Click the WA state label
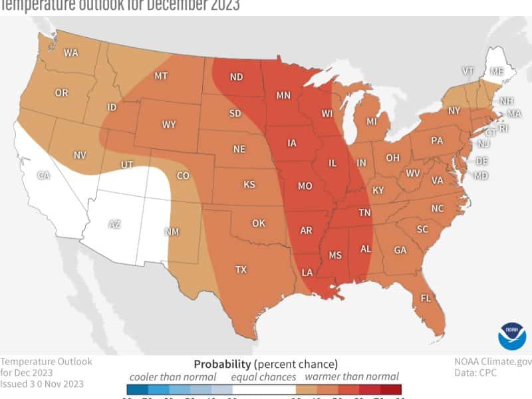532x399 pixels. point(71,53)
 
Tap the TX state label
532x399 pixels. point(241,269)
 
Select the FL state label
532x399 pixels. point(426,299)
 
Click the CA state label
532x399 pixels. point(43,176)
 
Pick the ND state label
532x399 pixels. point(236,76)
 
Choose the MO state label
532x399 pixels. point(305,186)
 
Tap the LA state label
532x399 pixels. point(308,273)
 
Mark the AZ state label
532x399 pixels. point(114,224)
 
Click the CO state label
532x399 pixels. point(182,176)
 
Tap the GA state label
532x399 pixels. point(400,251)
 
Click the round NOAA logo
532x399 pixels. point(511,334)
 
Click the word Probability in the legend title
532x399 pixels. point(222,364)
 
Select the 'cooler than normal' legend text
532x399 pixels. point(172,376)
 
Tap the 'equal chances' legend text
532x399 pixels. point(261,376)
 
